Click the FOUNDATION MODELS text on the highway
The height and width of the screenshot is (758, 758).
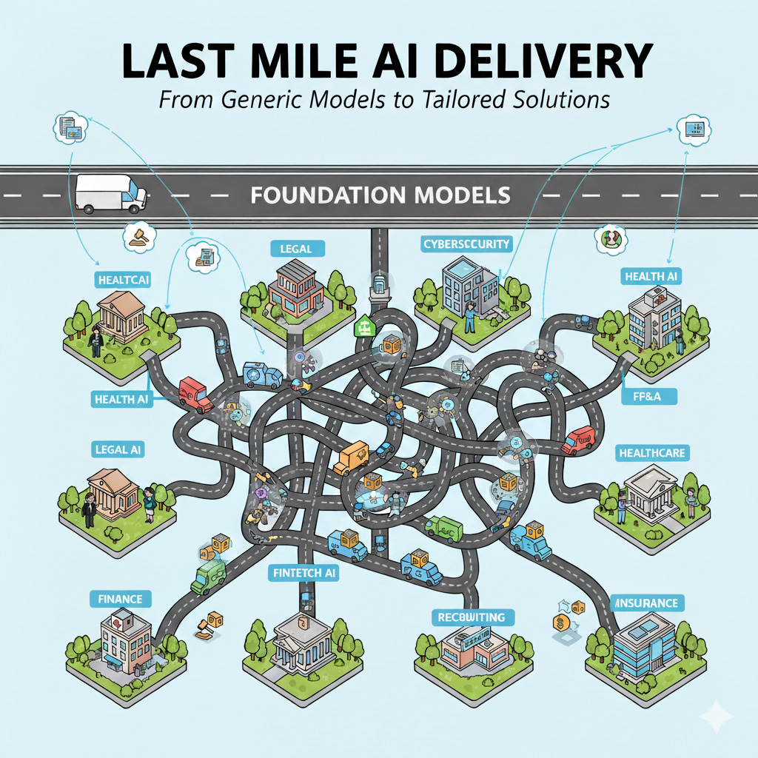[x=380, y=195]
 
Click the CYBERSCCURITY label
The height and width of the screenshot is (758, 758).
[x=466, y=244]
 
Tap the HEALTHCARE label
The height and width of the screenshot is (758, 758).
[x=652, y=452]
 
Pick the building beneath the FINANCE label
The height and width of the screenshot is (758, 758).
[x=122, y=644]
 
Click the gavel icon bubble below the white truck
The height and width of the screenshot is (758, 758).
[x=137, y=232]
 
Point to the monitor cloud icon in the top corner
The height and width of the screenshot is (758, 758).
[x=694, y=130]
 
